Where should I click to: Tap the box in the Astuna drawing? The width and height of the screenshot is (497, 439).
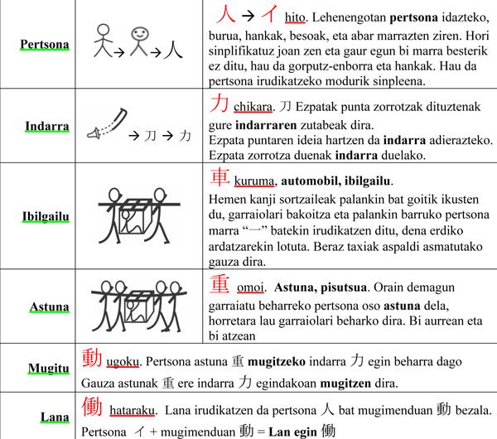135,308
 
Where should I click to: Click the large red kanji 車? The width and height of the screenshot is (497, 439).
217,176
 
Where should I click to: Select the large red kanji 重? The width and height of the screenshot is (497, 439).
218,283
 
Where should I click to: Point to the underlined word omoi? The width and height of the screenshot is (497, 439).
248,287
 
